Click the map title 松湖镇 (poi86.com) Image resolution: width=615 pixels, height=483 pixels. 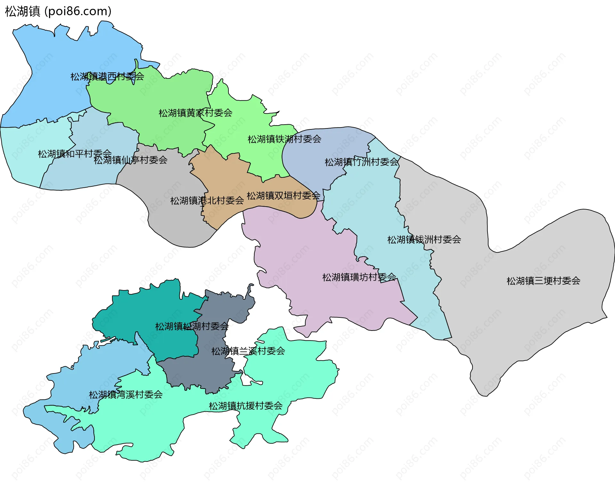58,12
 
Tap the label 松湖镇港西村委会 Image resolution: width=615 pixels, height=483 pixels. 107,77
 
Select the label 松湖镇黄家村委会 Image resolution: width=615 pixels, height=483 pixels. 195,113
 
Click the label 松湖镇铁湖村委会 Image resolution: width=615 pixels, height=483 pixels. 284,139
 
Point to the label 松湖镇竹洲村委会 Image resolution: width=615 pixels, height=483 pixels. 362,162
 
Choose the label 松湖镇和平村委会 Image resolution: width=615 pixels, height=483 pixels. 75,154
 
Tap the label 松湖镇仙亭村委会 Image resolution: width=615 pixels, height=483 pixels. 130,160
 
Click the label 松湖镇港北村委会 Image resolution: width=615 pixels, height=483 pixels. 207,201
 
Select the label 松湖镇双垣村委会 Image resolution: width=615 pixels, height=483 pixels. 283,195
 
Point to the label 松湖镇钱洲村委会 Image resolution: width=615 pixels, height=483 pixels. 424,240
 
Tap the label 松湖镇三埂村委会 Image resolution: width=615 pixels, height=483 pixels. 543,281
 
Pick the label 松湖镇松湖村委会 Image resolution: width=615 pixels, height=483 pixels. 192,326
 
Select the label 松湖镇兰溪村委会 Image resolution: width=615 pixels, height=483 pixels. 248,351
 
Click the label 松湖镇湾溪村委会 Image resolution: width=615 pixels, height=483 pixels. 126,395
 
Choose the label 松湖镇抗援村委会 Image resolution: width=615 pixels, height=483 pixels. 246,406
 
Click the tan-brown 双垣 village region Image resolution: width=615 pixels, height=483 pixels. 224,179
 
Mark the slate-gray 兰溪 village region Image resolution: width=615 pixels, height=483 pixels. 199,372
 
